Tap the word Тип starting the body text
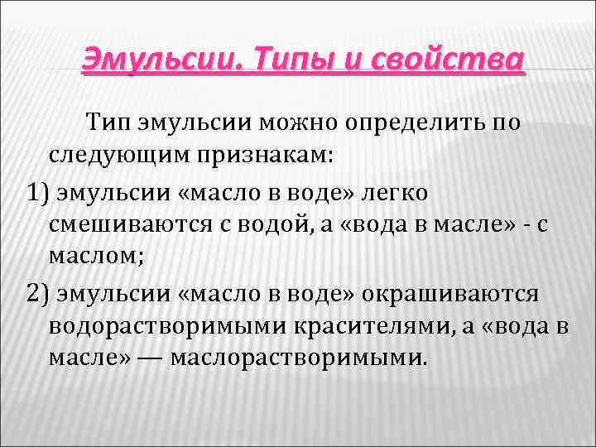(118, 124)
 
